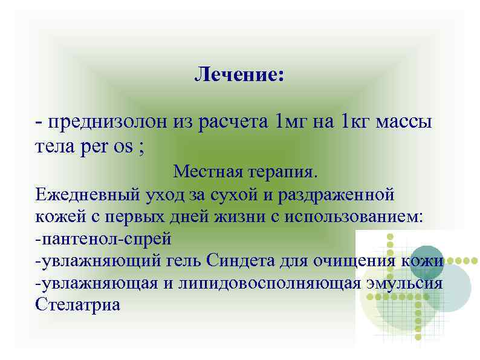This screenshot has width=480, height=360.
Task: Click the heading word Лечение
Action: tap(239, 76)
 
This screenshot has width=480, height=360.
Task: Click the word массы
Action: tap(404, 123)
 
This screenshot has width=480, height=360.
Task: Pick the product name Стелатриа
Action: tap(78, 304)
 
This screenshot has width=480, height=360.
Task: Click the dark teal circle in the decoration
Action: tap(426, 260)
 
